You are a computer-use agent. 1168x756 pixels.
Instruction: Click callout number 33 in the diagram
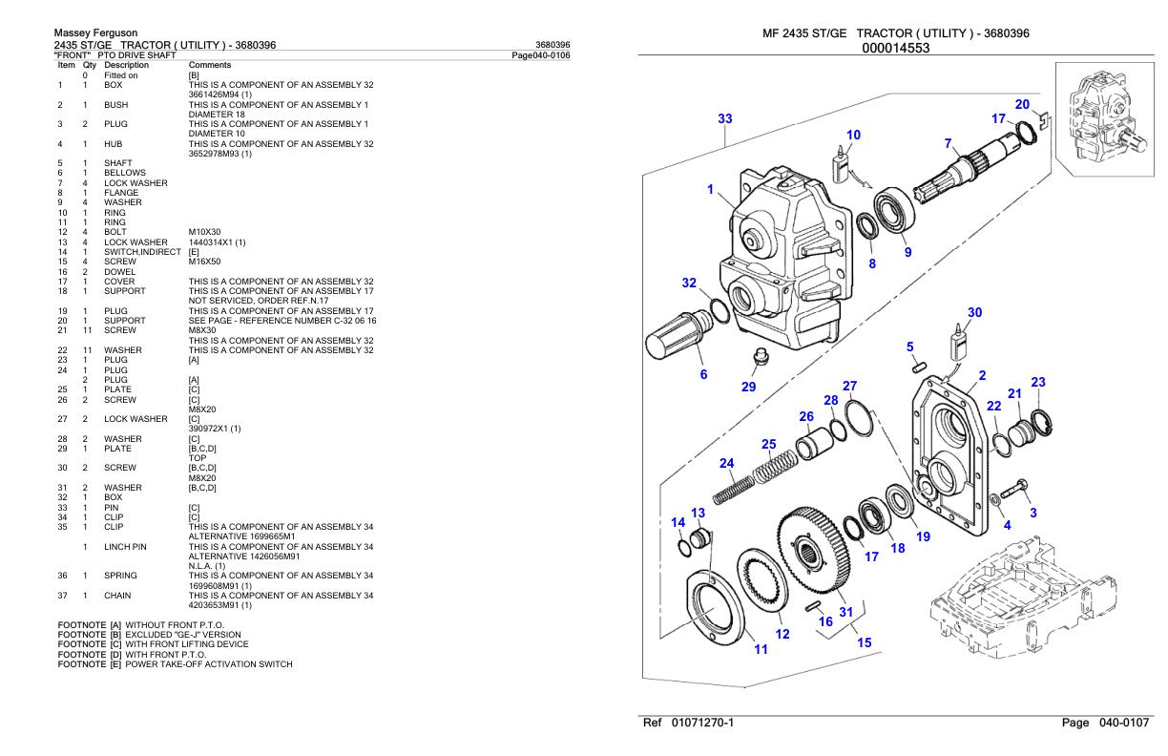725,118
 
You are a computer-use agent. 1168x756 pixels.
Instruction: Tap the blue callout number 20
1022,104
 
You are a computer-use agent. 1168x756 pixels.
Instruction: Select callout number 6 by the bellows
704,374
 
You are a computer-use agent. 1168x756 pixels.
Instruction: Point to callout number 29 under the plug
749,387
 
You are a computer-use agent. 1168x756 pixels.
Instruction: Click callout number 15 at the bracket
864,642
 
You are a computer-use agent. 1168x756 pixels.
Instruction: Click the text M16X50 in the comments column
205,262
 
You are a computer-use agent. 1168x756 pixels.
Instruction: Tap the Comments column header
206,64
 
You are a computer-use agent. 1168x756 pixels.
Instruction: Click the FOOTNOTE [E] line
175,664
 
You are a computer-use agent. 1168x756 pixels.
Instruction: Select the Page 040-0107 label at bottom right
1107,724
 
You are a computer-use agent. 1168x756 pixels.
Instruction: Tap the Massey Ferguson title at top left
95,33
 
